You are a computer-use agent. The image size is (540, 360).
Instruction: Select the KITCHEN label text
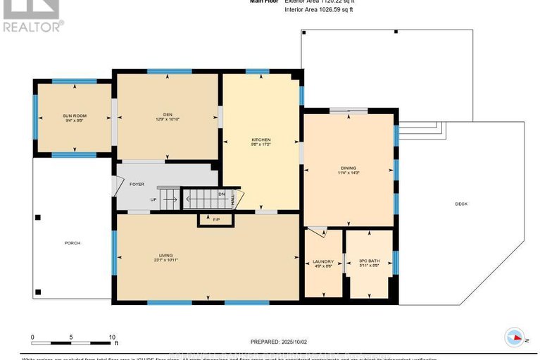pyautogui.click(x=261, y=139)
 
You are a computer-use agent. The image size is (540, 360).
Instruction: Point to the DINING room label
pyautogui.click(x=348, y=167)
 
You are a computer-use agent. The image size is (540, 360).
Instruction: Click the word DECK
pyautogui.click(x=461, y=204)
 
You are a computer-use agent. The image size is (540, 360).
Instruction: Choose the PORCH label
pyautogui.click(x=72, y=243)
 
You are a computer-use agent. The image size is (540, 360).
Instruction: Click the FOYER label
pyautogui.click(x=137, y=185)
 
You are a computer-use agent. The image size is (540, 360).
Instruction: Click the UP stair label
pyautogui.click(x=153, y=199)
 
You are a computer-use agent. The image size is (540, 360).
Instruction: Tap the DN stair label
pyautogui.click(x=221, y=194)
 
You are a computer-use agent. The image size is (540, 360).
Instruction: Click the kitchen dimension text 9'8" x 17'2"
pyautogui.click(x=261, y=145)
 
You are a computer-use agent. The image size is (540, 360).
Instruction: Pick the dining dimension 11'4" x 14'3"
pyautogui.click(x=348, y=173)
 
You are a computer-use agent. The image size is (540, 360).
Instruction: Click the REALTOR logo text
pyautogui.click(x=32, y=27)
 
